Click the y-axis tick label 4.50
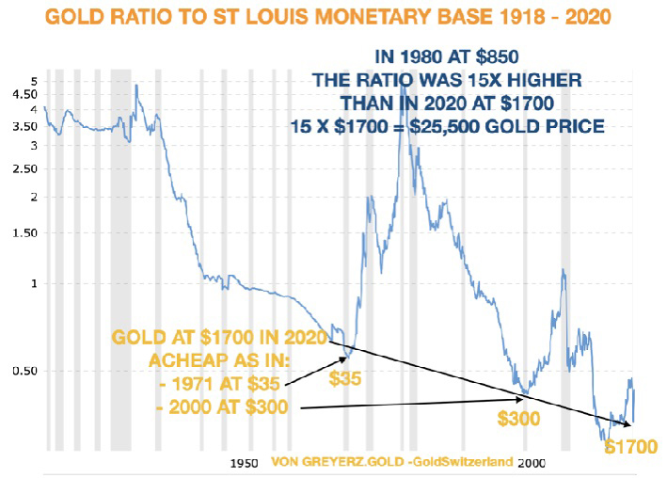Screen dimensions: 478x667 [22, 93]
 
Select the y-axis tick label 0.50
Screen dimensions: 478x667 [22, 371]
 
